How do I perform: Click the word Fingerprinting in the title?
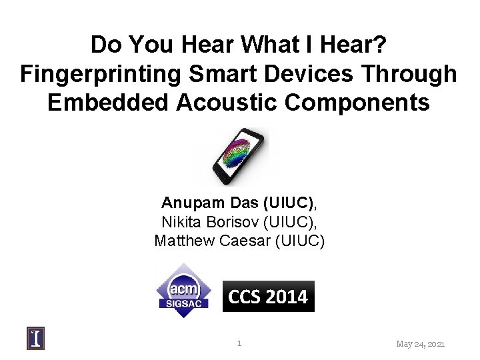[90, 74]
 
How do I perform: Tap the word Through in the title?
[405, 74]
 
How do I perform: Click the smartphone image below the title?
[237, 157]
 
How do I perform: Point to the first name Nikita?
[181, 222]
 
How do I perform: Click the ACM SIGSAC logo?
[183, 289]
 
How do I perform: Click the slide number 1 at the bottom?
[239, 344]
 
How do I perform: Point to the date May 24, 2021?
[420, 344]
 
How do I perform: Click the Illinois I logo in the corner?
[36, 339]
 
